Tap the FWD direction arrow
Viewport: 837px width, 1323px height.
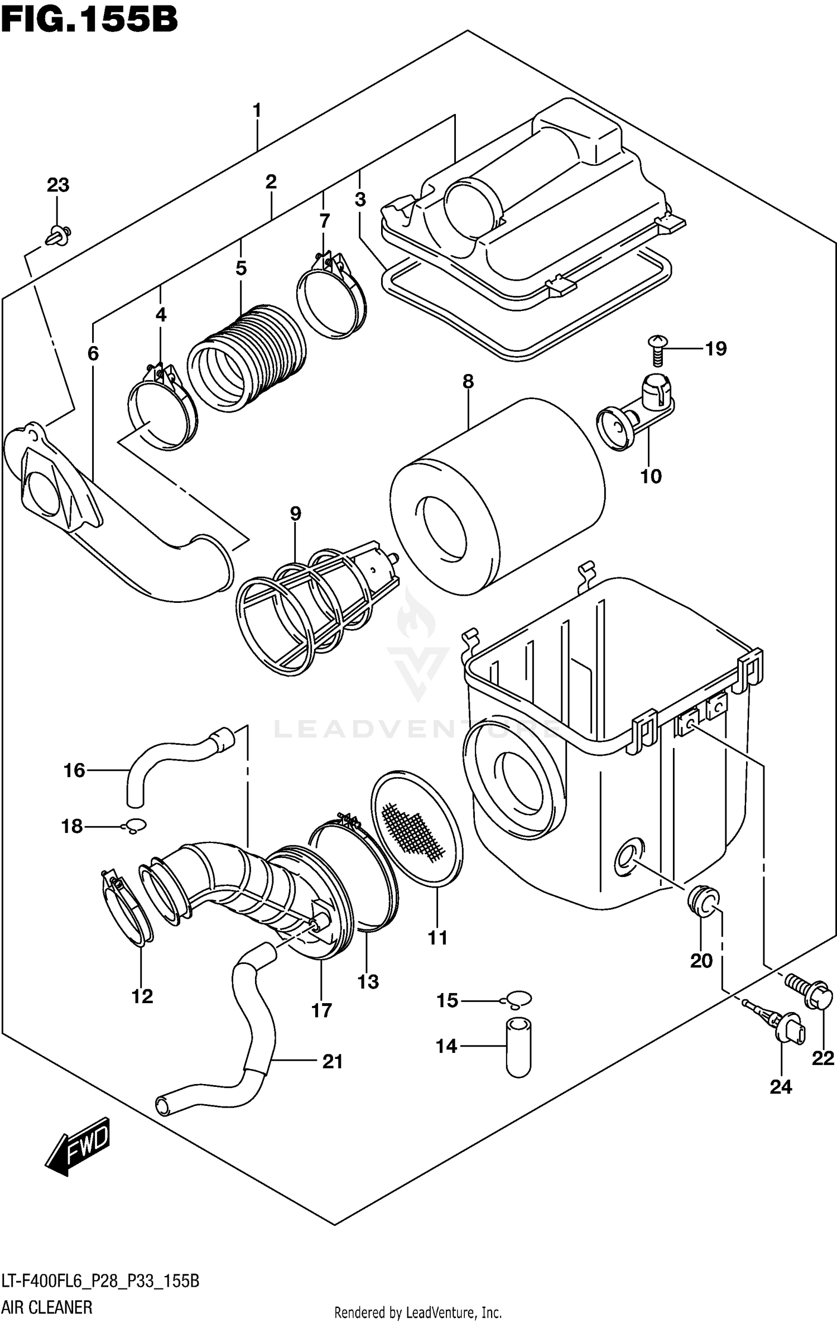(78, 1144)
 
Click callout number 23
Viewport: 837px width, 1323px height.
(58, 185)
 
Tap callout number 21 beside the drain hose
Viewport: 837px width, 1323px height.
(333, 1061)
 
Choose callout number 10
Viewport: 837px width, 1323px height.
(651, 476)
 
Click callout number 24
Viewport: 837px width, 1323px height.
(781, 1086)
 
